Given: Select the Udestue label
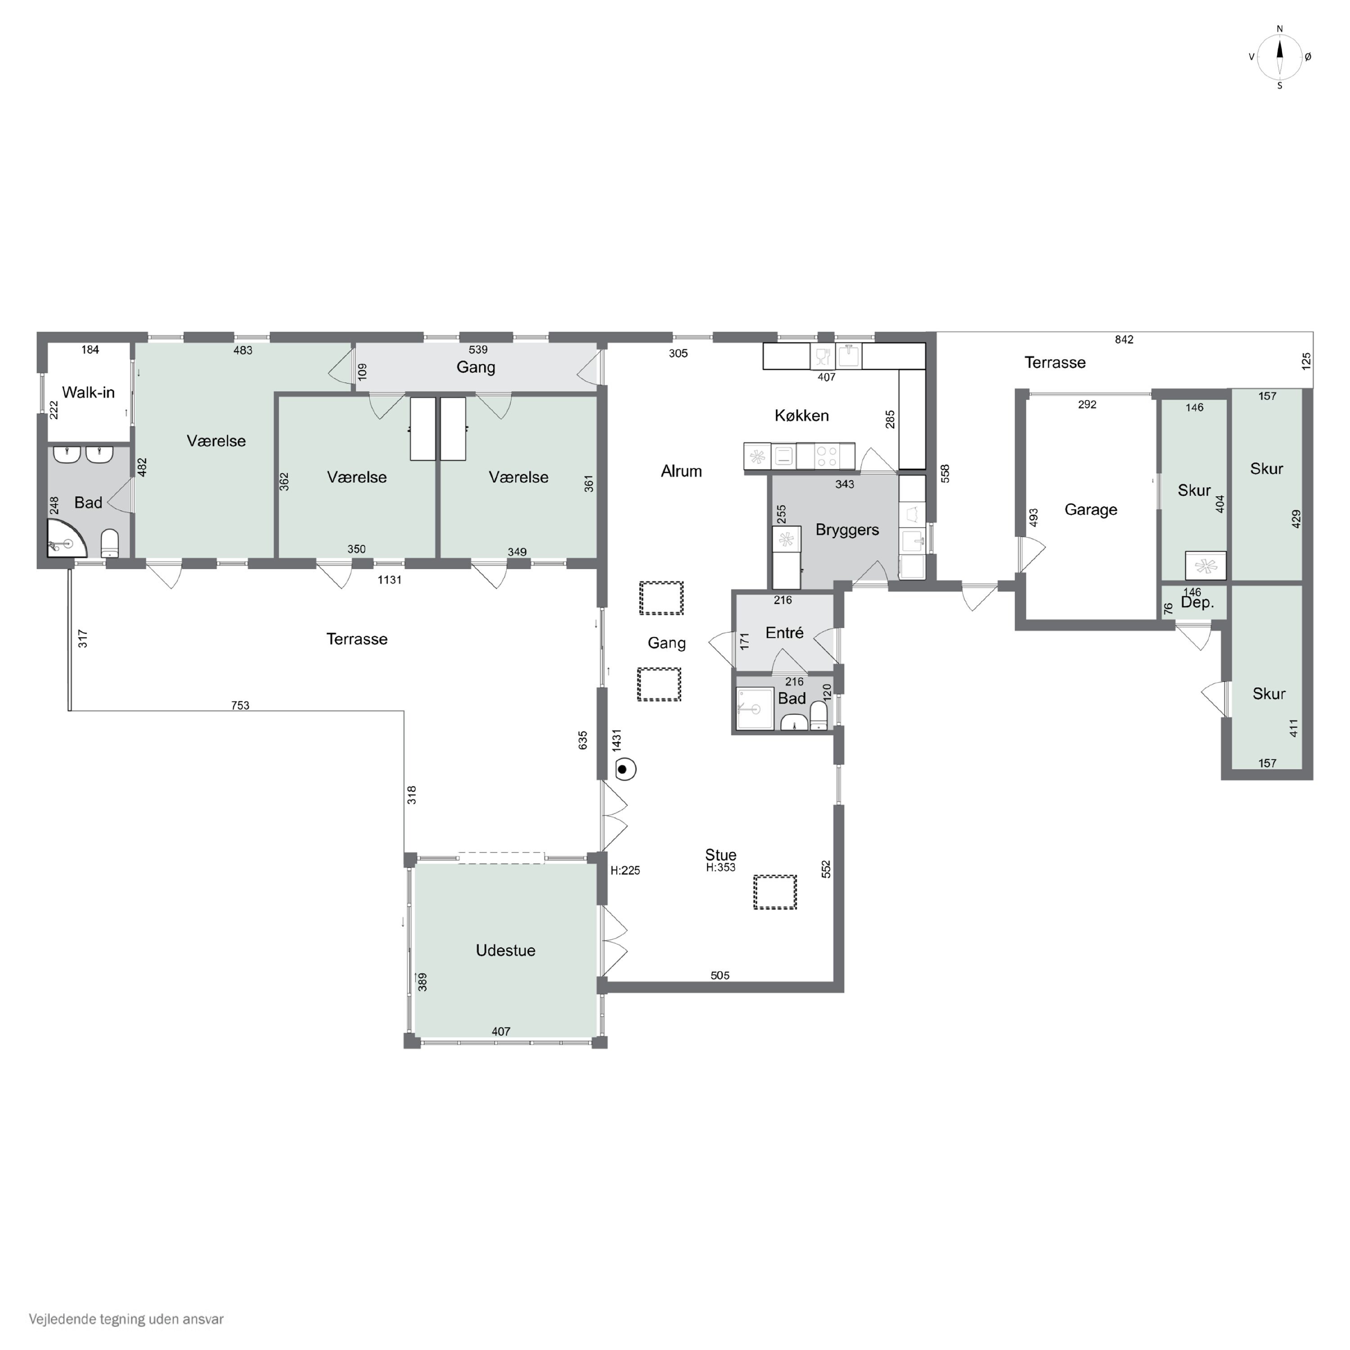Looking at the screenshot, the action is pyautogui.click(x=505, y=950).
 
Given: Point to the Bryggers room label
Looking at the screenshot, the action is pyautogui.click(x=847, y=530).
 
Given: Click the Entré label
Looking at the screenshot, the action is pyautogui.click(x=784, y=632).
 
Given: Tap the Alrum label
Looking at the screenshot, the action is pyautogui.click(x=681, y=471).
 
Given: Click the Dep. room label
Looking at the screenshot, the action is pyautogui.click(x=1197, y=603).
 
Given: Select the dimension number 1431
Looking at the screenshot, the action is pyautogui.click(x=616, y=740).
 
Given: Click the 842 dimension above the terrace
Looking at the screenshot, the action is pyautogui.click(x=1124, y=340).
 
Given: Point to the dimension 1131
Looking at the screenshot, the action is pyautogui.click(x=389, y=579).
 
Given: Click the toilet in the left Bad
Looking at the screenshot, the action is pyautogui.click(x=110, y=543).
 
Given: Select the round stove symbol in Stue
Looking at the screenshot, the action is pyautogui.click(x=625, y=770).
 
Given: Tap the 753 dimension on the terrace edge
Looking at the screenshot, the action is pyautogui.click(x=240, y=705).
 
